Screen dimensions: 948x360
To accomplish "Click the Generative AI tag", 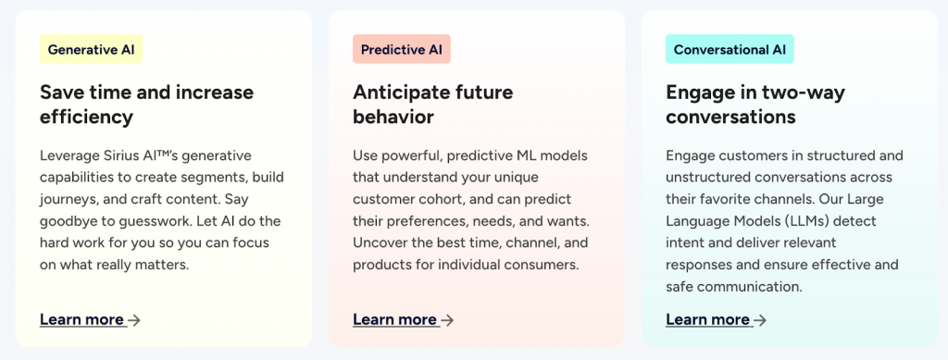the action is (x=92, y=49).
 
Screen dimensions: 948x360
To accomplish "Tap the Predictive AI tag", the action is (x=402, y=49).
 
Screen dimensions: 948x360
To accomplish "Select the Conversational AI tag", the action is (x=730, y=49).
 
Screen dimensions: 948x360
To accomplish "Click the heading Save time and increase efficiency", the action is (x=147, y=105).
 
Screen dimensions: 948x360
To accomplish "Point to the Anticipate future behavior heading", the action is (x=433, y=105).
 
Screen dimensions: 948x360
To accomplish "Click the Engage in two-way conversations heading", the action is (x=755, y=105).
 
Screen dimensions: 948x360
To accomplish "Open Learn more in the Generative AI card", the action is (x=81, y=319).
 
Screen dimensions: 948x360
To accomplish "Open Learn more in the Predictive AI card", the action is (x=394, y=319).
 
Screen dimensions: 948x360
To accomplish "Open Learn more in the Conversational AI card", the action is (x=707, y=319).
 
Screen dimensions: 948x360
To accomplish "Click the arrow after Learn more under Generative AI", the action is (x=134, y=320).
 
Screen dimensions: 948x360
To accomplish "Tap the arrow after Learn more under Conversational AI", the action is (x=760, y=320).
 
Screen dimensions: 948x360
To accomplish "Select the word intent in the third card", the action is (x=683, y=242).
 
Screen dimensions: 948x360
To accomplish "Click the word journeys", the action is (x=67, y=200).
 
